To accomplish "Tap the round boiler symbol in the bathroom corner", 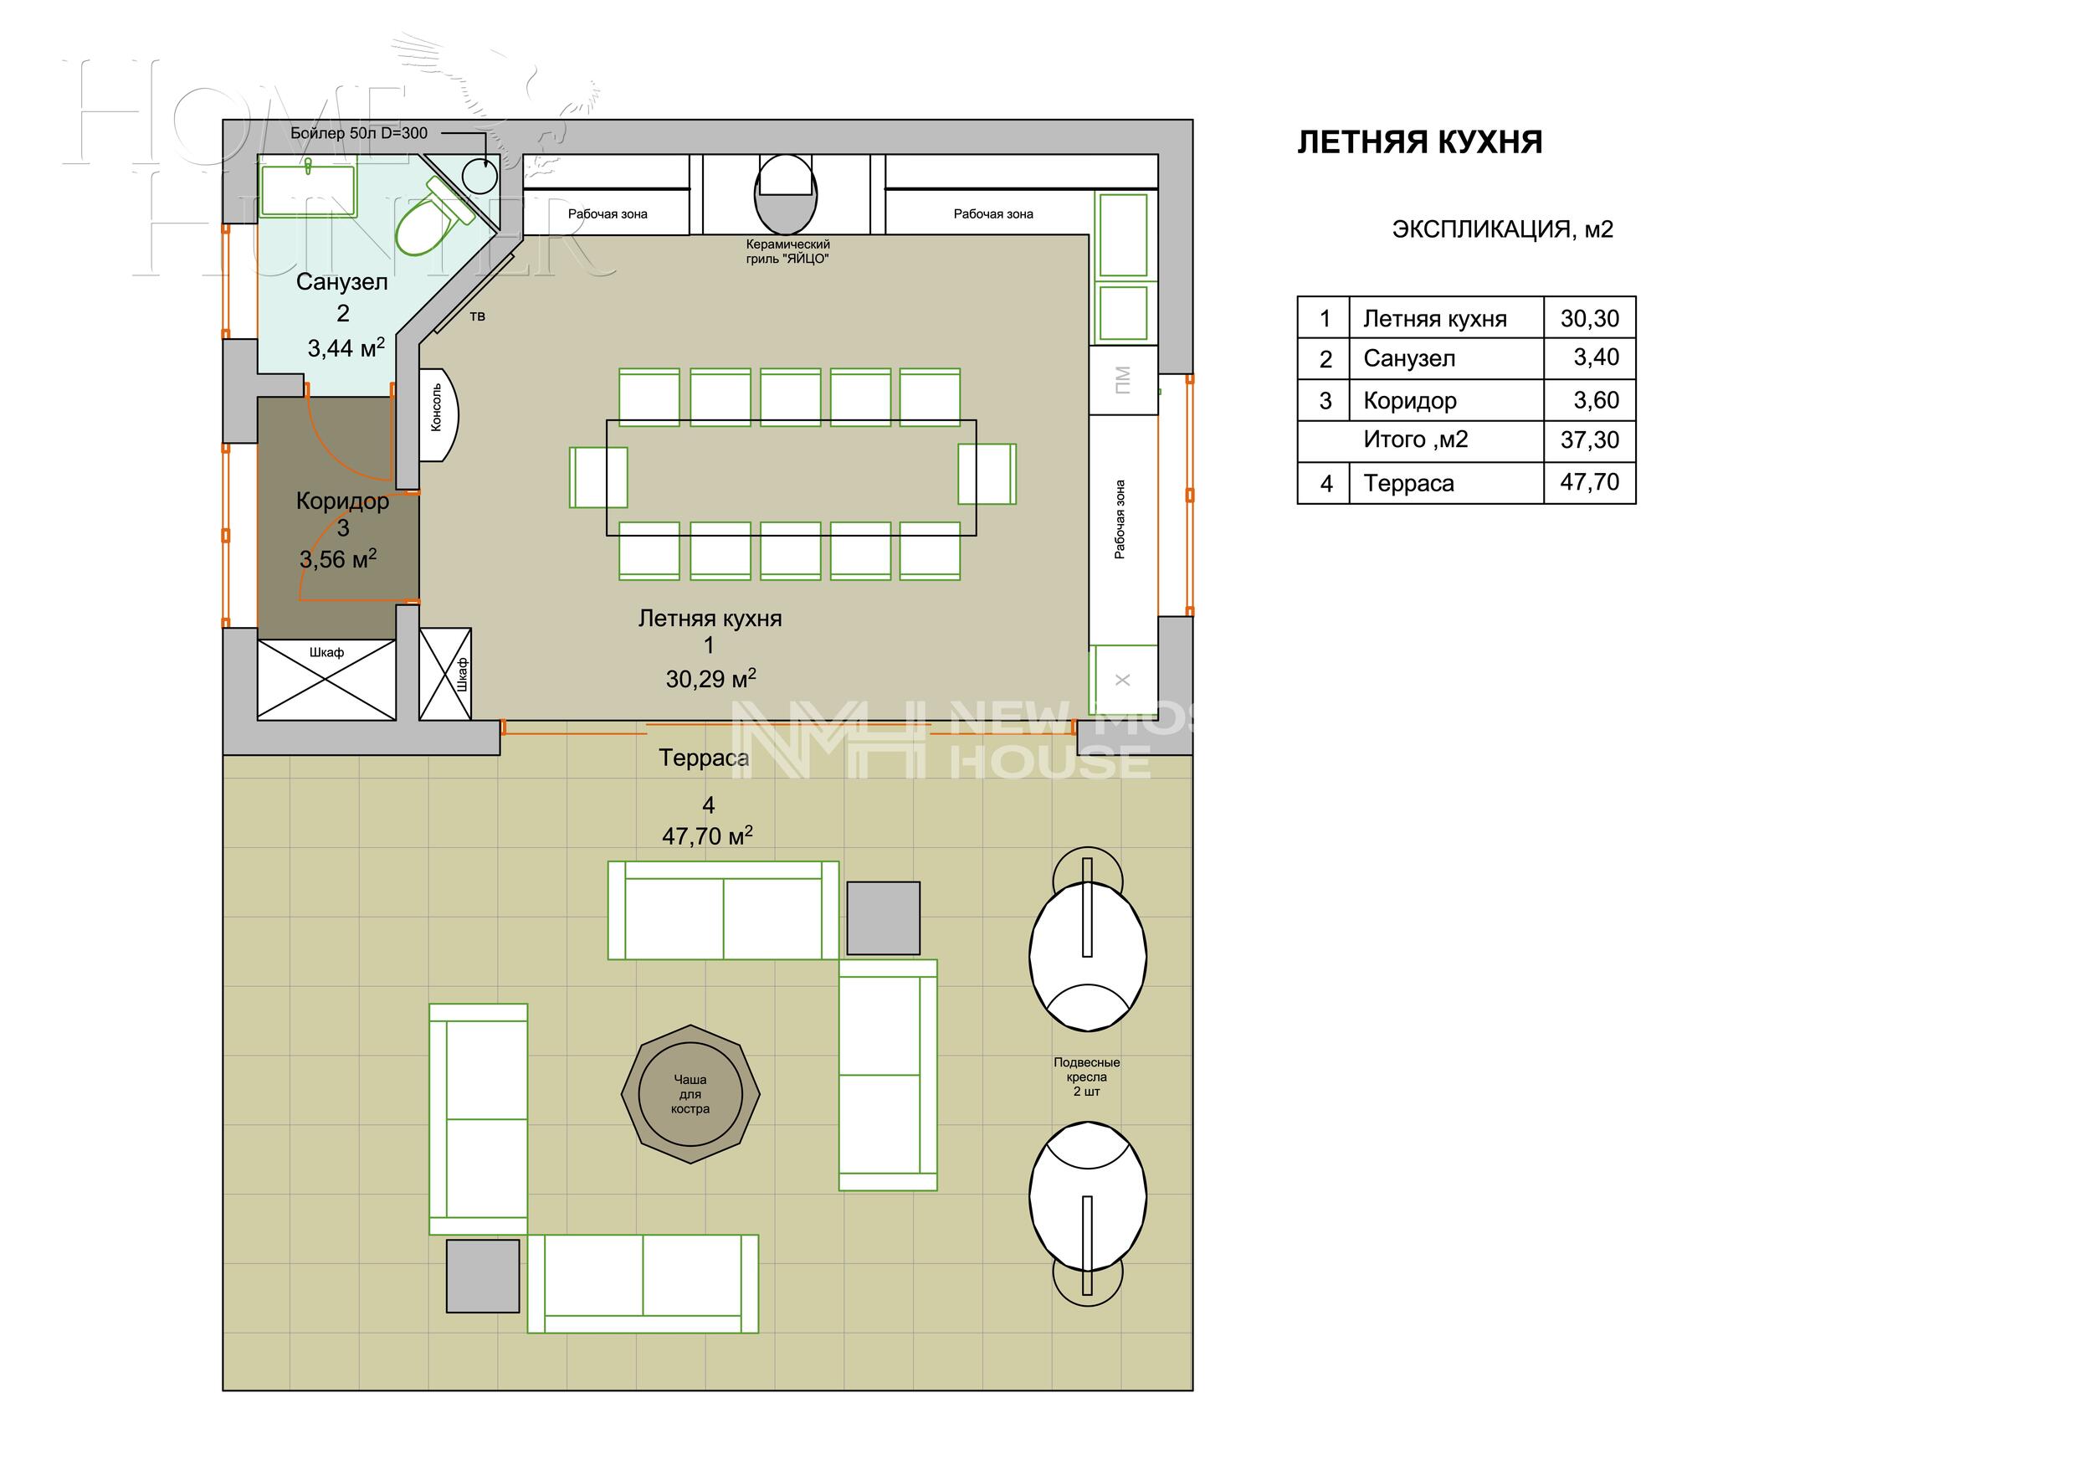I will click(x=479, y=175).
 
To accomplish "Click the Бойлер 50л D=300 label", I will click(x=358, y=133).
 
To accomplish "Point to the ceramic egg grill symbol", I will click(x=785, y=193).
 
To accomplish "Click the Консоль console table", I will click(x=438, y=414).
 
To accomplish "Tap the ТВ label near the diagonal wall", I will click(x=478, y=317).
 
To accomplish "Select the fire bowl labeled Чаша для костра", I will click(x=690, y=1093).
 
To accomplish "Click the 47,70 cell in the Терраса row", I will click(x=1589, y=482).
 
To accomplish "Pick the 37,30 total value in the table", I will click(x=1589, y=440).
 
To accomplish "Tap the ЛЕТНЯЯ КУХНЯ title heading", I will click(x=1418, y=143).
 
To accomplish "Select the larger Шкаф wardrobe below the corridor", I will click(x=326, y=679).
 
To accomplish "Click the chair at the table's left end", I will click(x=597, y=476).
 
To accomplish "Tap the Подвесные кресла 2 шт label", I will click(x=1086, y=1077).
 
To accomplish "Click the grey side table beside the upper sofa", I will click(x=882, y=917).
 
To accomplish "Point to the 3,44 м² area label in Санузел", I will click(x=346, y=347).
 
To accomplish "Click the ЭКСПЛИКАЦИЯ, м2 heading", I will click(x=1501, y=229).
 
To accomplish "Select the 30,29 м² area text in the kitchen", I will click(x=710, y=679).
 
